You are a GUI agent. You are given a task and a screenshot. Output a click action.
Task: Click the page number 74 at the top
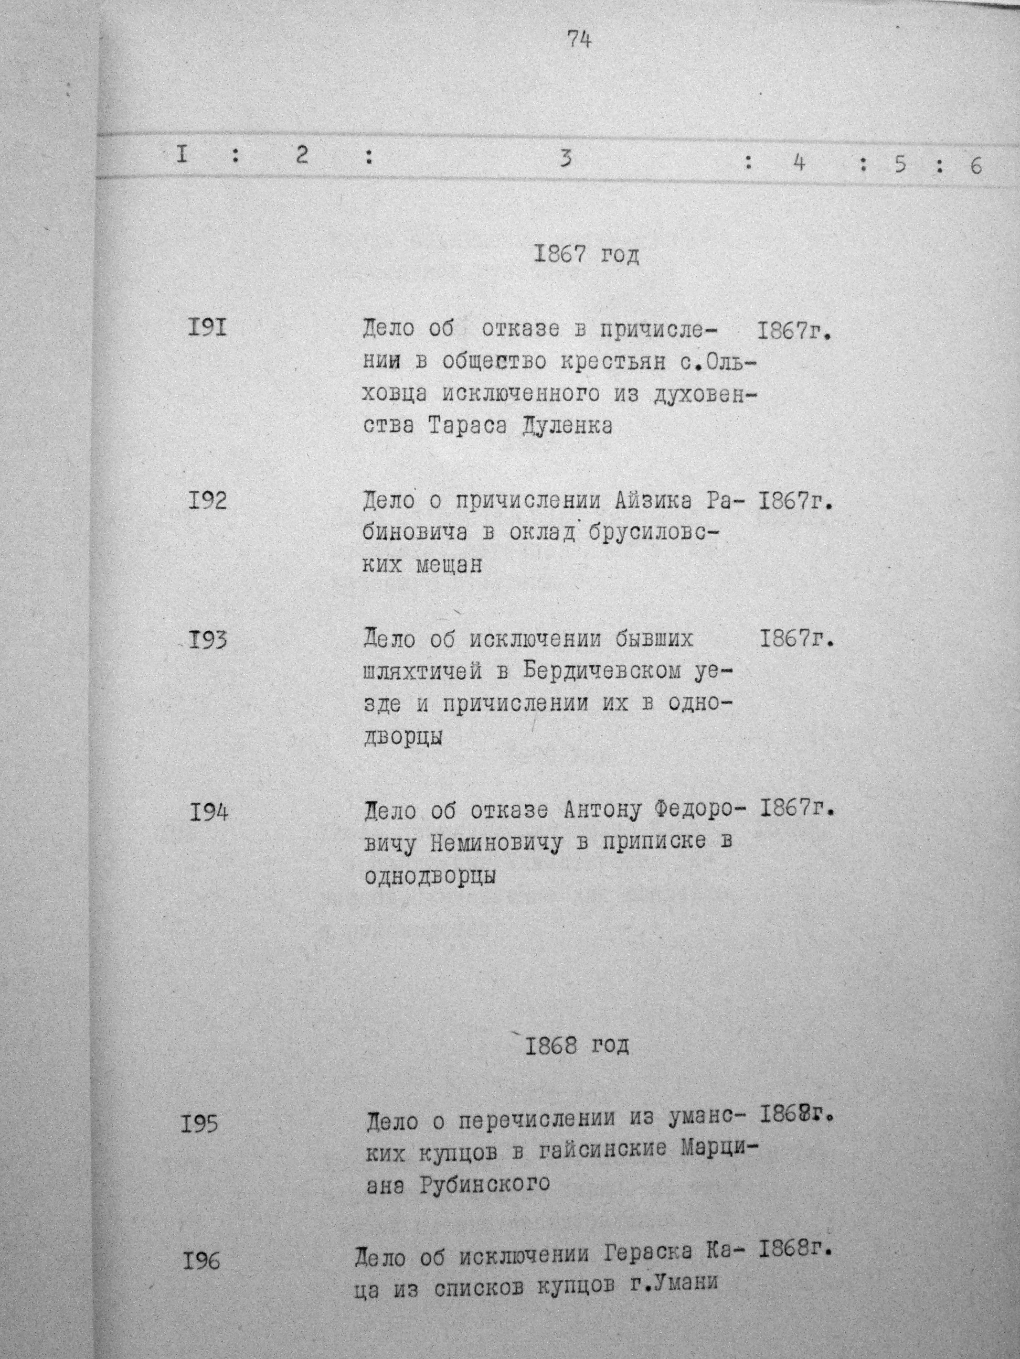click(579, 40)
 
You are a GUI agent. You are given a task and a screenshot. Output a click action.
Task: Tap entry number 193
click(208, 640)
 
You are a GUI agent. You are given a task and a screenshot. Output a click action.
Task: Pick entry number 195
click(200, 1124)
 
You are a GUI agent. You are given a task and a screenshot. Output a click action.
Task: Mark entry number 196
click(200, 1261)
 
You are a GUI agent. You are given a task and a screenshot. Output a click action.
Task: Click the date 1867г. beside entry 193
click(797, 640)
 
